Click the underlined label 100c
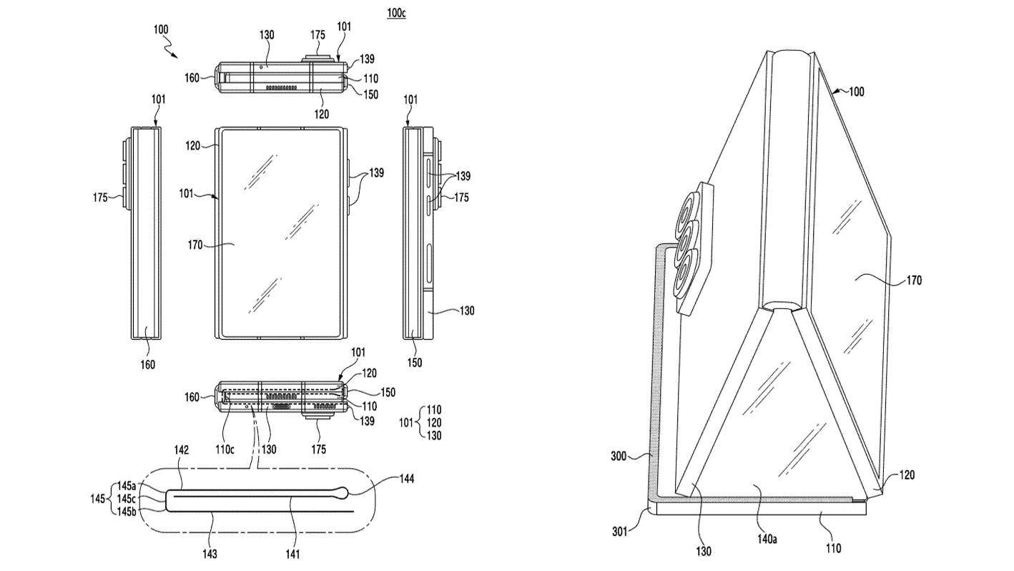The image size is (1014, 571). (396, 13)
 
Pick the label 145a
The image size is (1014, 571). (128, 487)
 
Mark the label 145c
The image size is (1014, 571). (128, 499)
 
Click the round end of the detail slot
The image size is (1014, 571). (344, 492)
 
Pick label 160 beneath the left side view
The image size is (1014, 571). (147, 364)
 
